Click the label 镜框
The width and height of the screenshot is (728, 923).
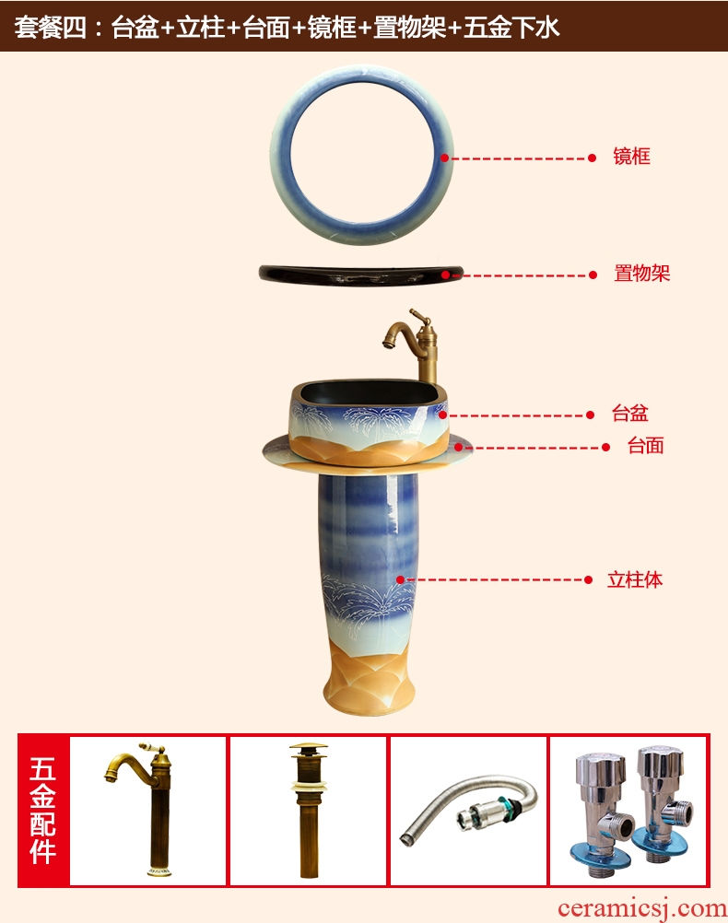[631, 156]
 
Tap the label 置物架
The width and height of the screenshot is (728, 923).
[641, 274]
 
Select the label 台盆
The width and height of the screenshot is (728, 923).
[629, 413]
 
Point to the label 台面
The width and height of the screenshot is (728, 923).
[646, 445]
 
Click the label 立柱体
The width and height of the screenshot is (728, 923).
[635, 579]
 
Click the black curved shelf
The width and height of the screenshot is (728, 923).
[361, 275]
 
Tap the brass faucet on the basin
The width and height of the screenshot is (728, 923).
[414, 345]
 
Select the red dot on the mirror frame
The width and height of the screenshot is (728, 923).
[445, 158]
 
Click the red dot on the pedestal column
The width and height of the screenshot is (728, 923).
[401, 579]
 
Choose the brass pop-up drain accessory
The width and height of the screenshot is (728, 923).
[308, 810]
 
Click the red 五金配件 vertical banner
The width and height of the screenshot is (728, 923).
[43, 810]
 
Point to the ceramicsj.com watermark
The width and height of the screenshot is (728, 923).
[642, 908]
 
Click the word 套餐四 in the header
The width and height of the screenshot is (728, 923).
[50, 27]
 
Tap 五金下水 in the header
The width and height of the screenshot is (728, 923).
[511, 27]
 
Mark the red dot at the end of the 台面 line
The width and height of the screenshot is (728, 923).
[605, 448]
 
